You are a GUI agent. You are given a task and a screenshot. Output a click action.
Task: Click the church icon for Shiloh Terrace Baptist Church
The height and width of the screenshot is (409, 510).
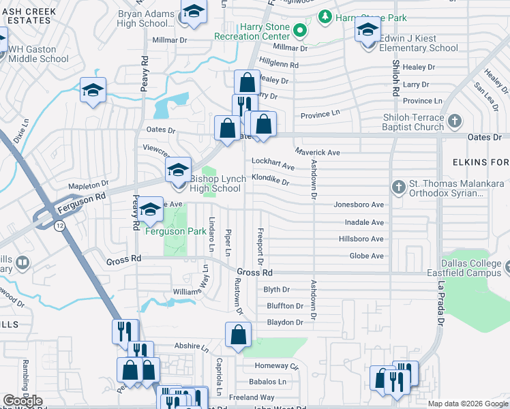pyautogui.click(x=455, y=121)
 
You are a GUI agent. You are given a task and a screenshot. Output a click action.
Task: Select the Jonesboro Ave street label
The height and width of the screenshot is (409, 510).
pyautogui.click(x=359, y=204)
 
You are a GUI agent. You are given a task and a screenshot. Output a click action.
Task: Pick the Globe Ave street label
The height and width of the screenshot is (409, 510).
pyautogui.click(x=367, y=256)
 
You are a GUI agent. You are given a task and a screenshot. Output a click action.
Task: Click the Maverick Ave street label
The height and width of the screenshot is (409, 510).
pyautogui.click(x=317, y=152)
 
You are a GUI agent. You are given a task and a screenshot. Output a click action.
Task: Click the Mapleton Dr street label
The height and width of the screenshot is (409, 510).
pyautogui.click(x=89, y=184)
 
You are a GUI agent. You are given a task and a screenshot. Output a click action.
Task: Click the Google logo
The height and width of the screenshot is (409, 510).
pyautogui.click(x=23, y=401)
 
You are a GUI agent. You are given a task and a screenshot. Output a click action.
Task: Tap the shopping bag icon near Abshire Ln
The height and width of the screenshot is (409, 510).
pyautogui.click(x=238, y=335)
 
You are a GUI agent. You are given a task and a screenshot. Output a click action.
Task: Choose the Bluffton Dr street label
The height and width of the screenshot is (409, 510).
pyautogui.click(x=284, y=306)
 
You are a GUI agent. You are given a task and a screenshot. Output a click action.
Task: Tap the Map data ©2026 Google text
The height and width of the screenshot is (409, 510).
pyautogui.click(x=467, y=404)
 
